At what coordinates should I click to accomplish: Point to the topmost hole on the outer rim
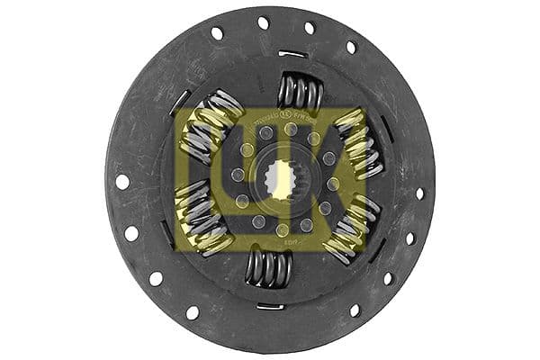[264, 22]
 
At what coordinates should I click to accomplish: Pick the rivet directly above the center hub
[290, 130]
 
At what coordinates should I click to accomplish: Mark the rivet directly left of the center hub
[238, 174]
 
